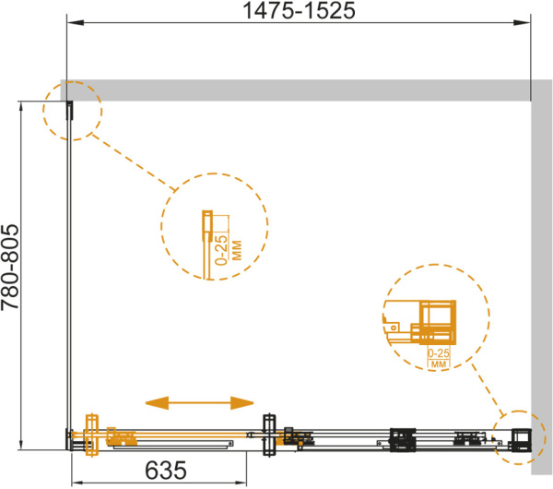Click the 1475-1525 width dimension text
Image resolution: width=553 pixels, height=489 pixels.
(299, 10)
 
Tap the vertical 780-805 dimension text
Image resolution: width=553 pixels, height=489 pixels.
(10, 267)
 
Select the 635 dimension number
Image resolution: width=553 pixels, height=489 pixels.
(165, 470)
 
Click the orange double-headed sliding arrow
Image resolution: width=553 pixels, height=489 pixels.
(200, 402)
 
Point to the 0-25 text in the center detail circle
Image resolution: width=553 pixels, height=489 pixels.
(222, 250)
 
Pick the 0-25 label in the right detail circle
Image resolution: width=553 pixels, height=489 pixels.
(439, 352)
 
